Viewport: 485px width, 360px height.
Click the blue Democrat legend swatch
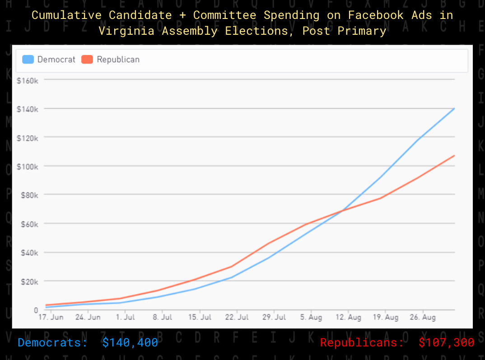[28, 59]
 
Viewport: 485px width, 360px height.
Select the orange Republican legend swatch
[87, 59]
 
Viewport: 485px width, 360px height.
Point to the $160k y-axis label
[27, 80]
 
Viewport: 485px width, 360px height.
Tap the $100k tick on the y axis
[27, 166]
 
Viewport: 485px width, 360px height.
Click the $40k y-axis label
[28, 253]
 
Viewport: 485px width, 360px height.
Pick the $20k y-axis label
[28, 282]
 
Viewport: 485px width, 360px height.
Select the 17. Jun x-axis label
[51, 318]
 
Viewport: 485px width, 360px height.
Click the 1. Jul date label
[125, 318]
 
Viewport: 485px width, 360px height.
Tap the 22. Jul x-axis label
[237, 318]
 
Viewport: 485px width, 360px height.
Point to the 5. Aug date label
[311, 318]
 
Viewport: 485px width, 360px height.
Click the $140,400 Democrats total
[130, 343]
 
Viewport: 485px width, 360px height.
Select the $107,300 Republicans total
[446, 343]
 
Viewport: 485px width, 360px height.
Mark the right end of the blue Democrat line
[454, 108]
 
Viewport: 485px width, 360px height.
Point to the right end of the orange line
[454, 155]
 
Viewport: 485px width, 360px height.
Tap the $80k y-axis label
[28, 195]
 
